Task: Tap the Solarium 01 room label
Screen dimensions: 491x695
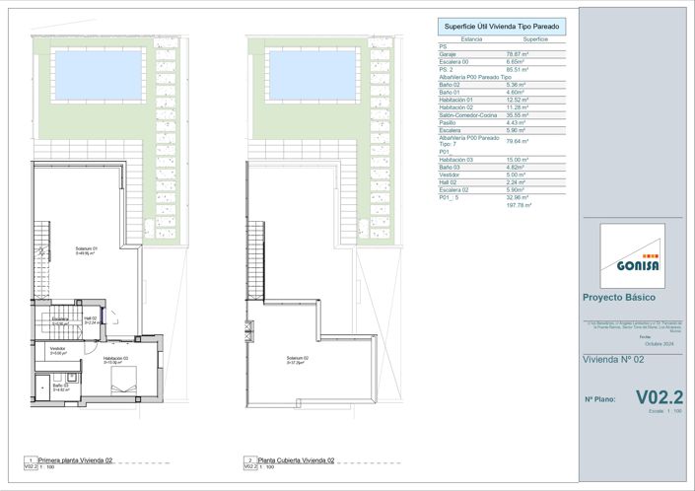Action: tap(88, 249)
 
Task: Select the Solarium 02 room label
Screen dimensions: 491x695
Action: tap(299, 359)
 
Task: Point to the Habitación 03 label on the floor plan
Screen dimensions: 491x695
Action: tap(116, 359)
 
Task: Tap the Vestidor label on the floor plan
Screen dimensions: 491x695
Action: tap(57, 349)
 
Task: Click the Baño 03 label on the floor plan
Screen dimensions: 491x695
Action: tap(47, 386)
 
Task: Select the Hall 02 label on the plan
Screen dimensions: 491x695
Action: tap(89, 318)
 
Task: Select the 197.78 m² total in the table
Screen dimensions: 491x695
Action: tap(519, 234)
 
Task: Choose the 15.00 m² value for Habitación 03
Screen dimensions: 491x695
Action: tap(519, 187)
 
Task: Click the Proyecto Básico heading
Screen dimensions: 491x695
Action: tap(619, 298)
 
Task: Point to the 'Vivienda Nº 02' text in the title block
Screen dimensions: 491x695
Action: tap(613, 361)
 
